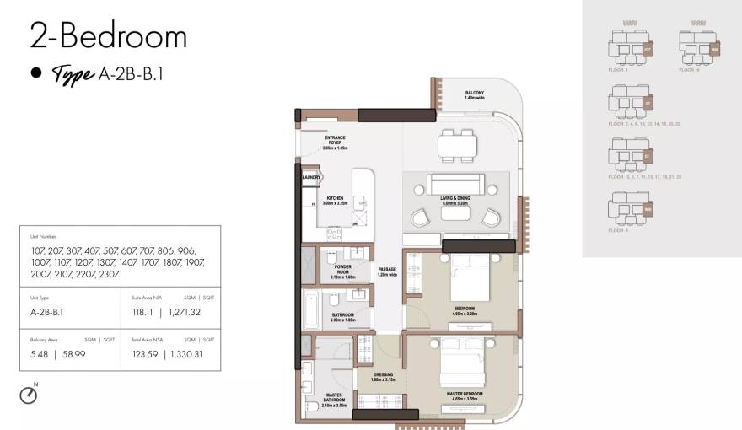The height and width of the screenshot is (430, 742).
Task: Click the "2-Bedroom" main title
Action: click(108, 36)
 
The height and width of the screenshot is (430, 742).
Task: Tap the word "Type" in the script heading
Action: click(73, 74)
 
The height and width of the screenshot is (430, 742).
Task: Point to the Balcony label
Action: click(475, 95)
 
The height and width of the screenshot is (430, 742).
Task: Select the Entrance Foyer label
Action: click(335, 141)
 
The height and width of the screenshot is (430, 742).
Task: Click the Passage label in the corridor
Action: click(387, 271)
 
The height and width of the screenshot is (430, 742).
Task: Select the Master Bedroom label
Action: click(465, 394)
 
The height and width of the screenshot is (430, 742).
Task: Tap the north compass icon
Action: click(29, 395)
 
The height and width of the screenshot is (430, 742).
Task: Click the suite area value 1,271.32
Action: click(196, 311)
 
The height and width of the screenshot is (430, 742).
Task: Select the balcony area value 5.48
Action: click(40, 354)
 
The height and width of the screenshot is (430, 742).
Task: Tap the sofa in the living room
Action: click(454, 184)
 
